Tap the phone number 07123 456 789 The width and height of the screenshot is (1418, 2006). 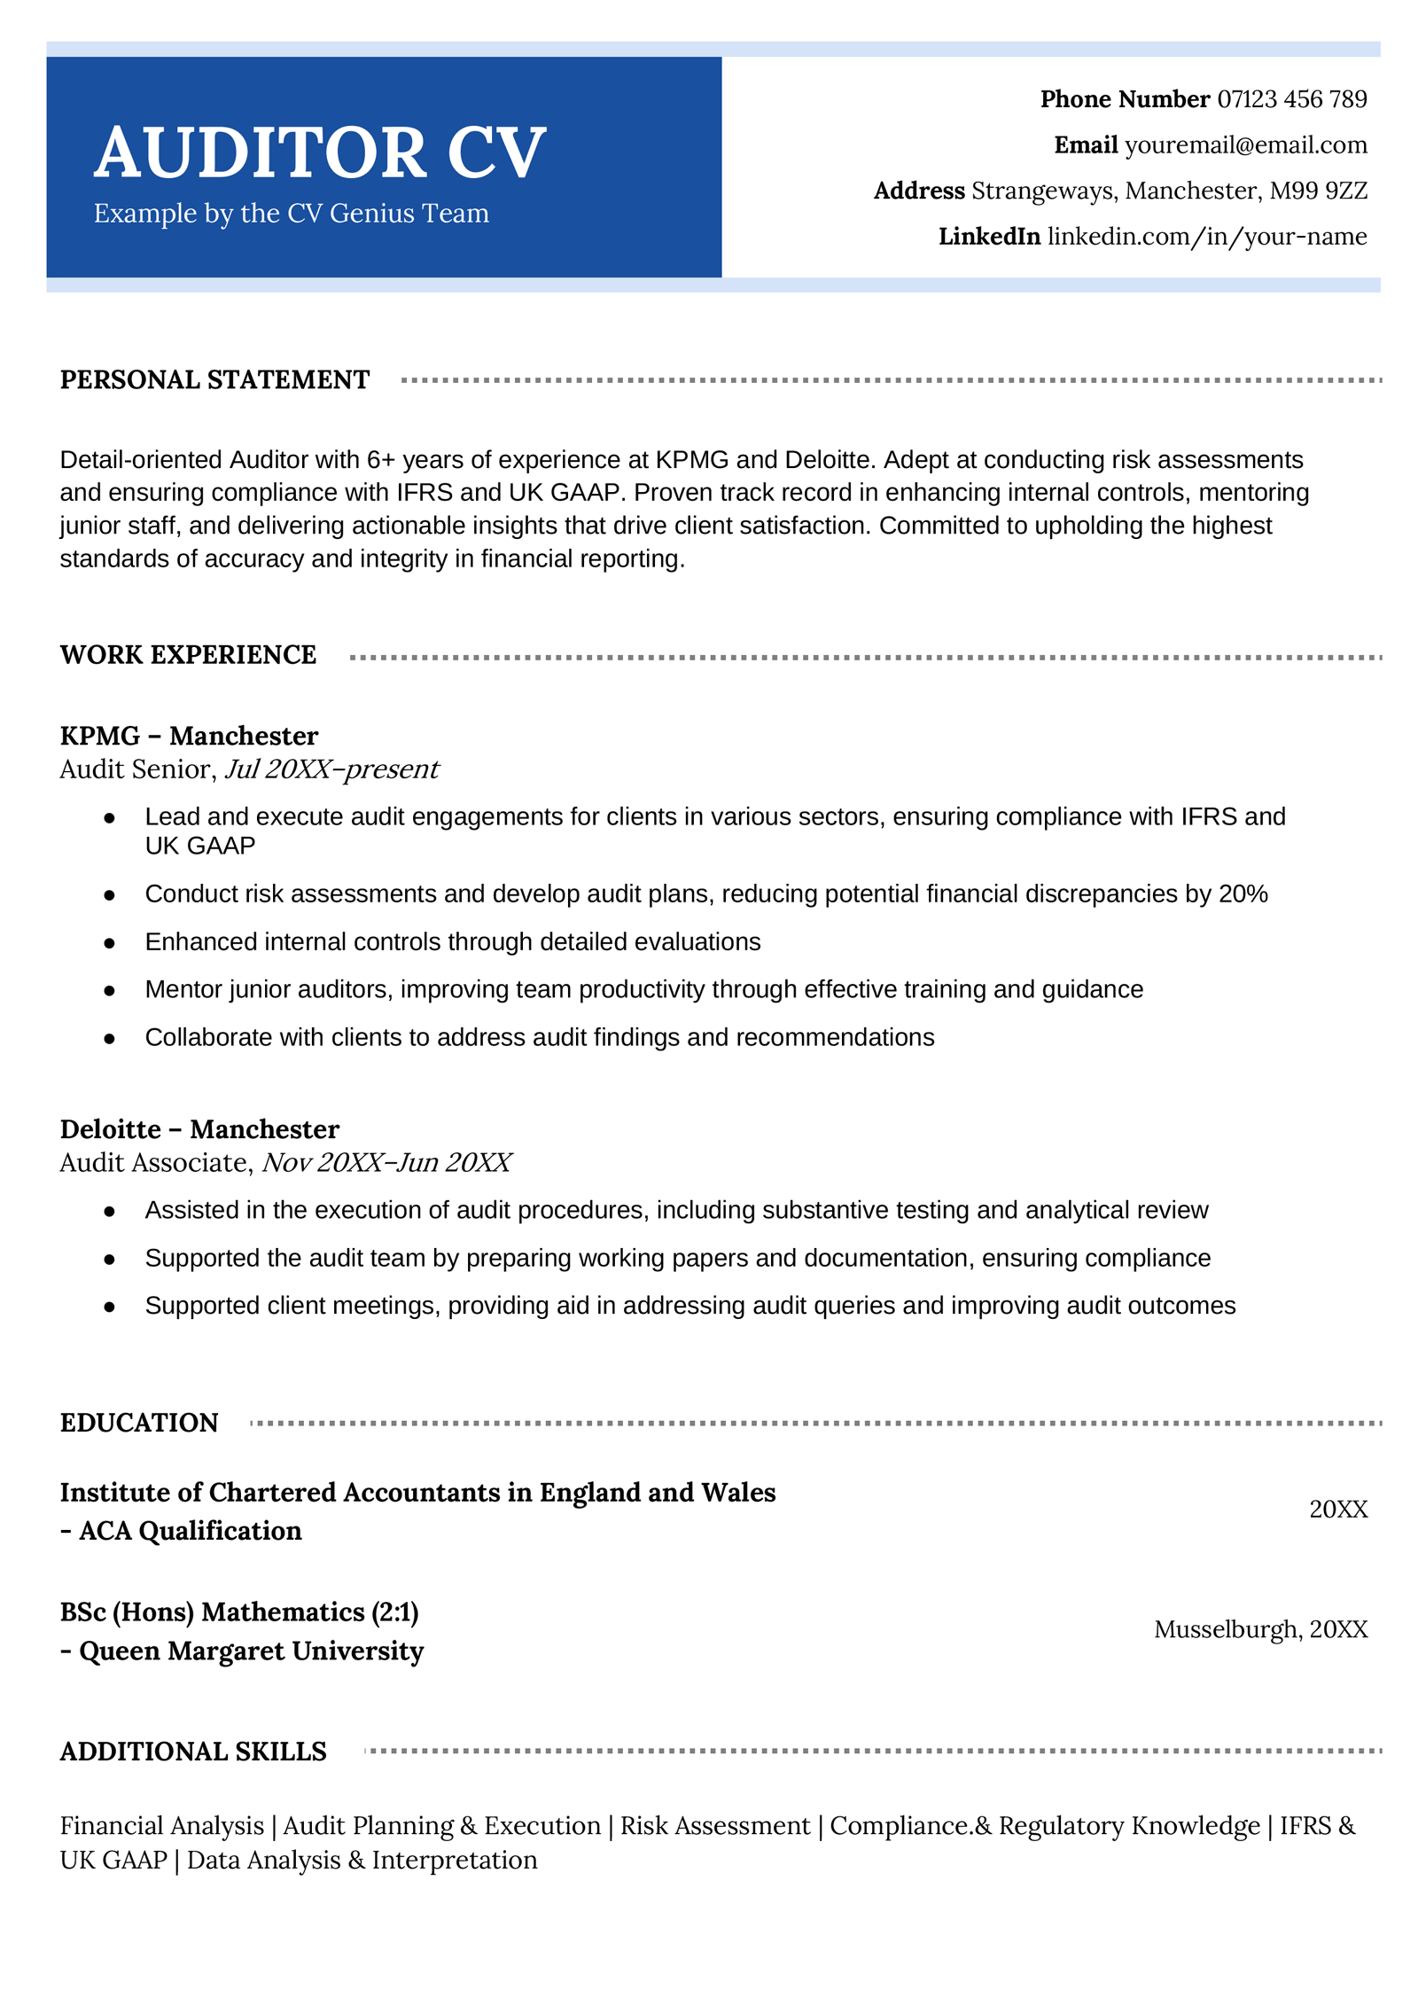click(x=1291, y=99)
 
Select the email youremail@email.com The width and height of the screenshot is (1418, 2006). click(x=1245, y=145)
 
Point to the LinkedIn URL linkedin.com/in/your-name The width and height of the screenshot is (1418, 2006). click(x=1206, y=237)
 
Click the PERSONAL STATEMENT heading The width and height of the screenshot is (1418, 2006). click(x=214, y=379)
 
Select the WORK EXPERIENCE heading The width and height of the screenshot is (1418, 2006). click(x=188, y=655)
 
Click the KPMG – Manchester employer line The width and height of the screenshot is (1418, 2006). click(x=189, y=736)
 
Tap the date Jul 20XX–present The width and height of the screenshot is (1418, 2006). click(x=331, y=769)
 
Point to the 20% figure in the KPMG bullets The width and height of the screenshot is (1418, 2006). click(x=1243, y=894)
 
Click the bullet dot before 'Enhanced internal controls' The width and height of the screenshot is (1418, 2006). click(x=109, y=943)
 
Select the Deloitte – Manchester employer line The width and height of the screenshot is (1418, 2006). click(x=199, y=1129)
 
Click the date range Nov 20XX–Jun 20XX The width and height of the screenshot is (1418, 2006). click(x=386, y=1162)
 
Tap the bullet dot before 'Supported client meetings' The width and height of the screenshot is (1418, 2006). click(x=109, y=1307)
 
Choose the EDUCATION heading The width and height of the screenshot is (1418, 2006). click(x=139, y=1423)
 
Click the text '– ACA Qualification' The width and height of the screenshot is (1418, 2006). click(x=182, y=1531)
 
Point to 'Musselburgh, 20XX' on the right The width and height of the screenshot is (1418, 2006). click(x=1260, y=1629)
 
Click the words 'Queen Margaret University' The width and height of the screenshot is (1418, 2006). click(x=251, y=1651)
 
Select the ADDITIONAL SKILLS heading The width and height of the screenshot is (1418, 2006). click(x=193, y=1752)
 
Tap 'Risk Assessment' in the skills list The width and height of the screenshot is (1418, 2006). click(x=714, y=1826)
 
